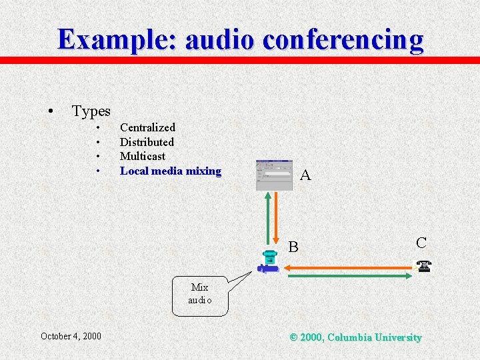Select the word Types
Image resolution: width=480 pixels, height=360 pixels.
point(91,111)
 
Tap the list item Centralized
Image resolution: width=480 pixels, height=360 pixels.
point(147,127)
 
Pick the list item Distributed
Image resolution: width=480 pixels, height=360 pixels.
point(147,142)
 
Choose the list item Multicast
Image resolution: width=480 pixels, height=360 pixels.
point(143,156)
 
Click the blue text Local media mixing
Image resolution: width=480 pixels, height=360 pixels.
point(170,171)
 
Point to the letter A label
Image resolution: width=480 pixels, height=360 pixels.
point(305,175)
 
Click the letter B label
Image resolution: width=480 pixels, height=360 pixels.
point(293,247)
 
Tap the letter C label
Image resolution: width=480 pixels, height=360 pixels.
point(421,243)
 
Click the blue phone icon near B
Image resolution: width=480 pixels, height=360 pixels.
point(269,262)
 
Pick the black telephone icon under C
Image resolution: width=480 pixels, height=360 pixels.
point(423,266)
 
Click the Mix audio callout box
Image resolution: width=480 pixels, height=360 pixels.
point(199,294)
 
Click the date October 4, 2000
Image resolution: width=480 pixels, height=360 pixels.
point(71,336)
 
